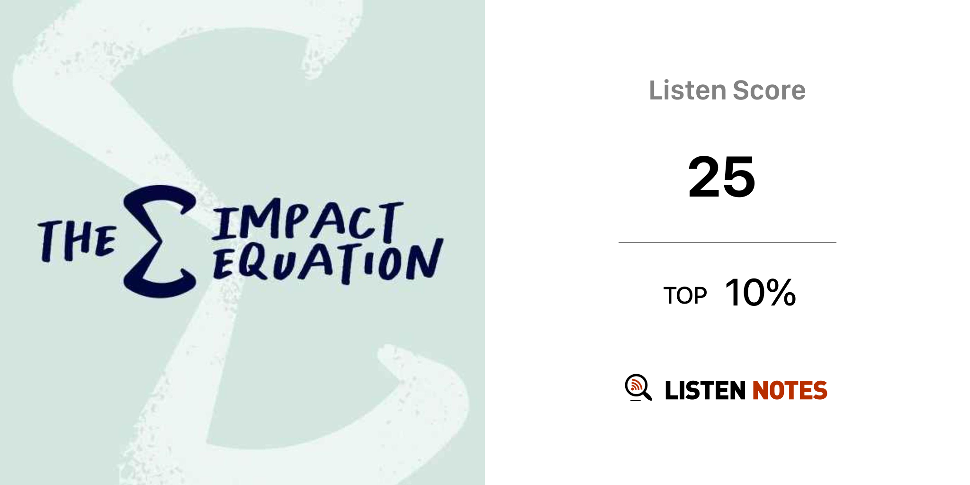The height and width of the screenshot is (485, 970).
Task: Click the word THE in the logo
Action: pyautogui.click(x=77, y=241)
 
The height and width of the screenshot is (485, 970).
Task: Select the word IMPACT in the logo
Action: pyautogui.click(x=307, y=220)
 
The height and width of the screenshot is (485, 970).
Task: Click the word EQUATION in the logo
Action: pyautogui.click(x=328, y=261)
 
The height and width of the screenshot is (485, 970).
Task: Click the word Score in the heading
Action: pyautogui.click(x=769, y=90)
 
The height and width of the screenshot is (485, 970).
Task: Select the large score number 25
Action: pyautogui.click(x=721, y=177)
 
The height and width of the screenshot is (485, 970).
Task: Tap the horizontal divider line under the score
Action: pyautogui.click(x=727, y=242)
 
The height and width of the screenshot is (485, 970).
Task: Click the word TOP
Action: pyautogui.click(x=685, y=296)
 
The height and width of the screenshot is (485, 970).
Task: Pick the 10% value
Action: pyautogui.click(x=760, y=293)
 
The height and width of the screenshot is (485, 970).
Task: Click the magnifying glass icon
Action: pyautogui.click(x=638, y=387)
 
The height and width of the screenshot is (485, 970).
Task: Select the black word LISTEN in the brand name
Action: pyautogui.click(x=705, y=390)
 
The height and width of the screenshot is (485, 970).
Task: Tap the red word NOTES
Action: pyautogui.click(x=790, y=390)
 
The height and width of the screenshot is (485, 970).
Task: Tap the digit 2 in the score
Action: pyautogui.click(x=704, y=177)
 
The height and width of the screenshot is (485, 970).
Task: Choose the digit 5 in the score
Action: pyautogui.click(x=739, y=178)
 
